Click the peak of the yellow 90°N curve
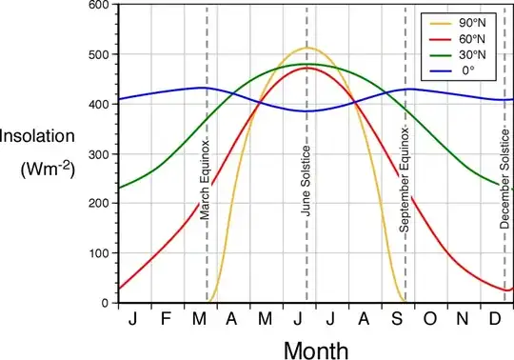tap(306, 48)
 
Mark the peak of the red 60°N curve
tap(306, 68)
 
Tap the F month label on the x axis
tap(166, 317)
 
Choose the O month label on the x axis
tap(429, 317)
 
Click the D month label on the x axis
tap(495, 317)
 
